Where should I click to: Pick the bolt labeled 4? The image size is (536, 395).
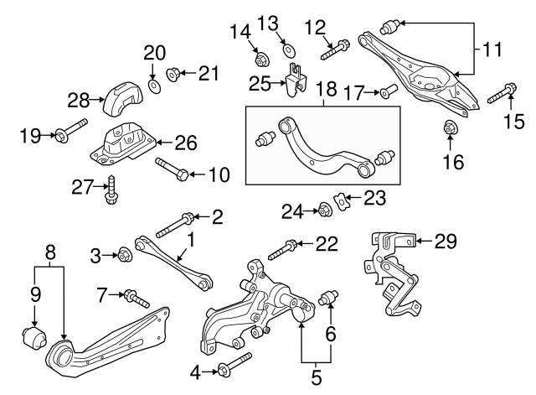[232, 366]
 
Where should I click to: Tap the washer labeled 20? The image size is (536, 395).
[155, 86]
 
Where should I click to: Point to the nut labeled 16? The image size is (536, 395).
[450, 128]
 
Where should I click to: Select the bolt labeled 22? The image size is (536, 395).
[282, 247]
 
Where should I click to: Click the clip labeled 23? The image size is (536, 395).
[339, 201]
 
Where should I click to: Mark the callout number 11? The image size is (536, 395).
[492, 50]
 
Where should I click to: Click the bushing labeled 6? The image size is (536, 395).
[328, 298]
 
